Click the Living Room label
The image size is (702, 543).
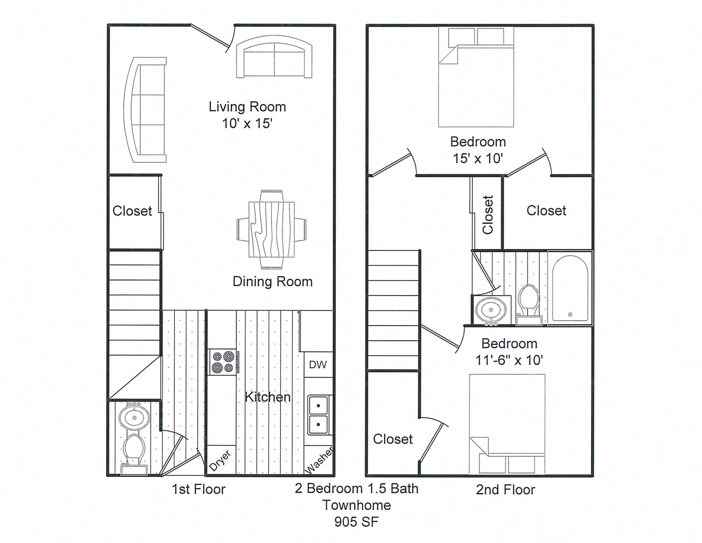247,107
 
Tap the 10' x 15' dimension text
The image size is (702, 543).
247,123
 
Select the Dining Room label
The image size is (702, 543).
273,281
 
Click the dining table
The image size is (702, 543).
272,230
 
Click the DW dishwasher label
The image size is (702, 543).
318,365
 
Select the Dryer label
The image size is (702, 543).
220,461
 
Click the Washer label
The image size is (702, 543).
319,460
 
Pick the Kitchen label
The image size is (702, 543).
268,397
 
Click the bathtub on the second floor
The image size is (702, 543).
570,288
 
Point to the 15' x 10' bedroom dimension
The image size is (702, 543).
478,159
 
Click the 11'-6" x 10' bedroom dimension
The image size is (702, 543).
509,360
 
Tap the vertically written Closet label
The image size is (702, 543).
488,215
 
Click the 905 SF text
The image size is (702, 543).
356,522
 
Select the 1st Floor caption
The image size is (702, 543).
198,489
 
